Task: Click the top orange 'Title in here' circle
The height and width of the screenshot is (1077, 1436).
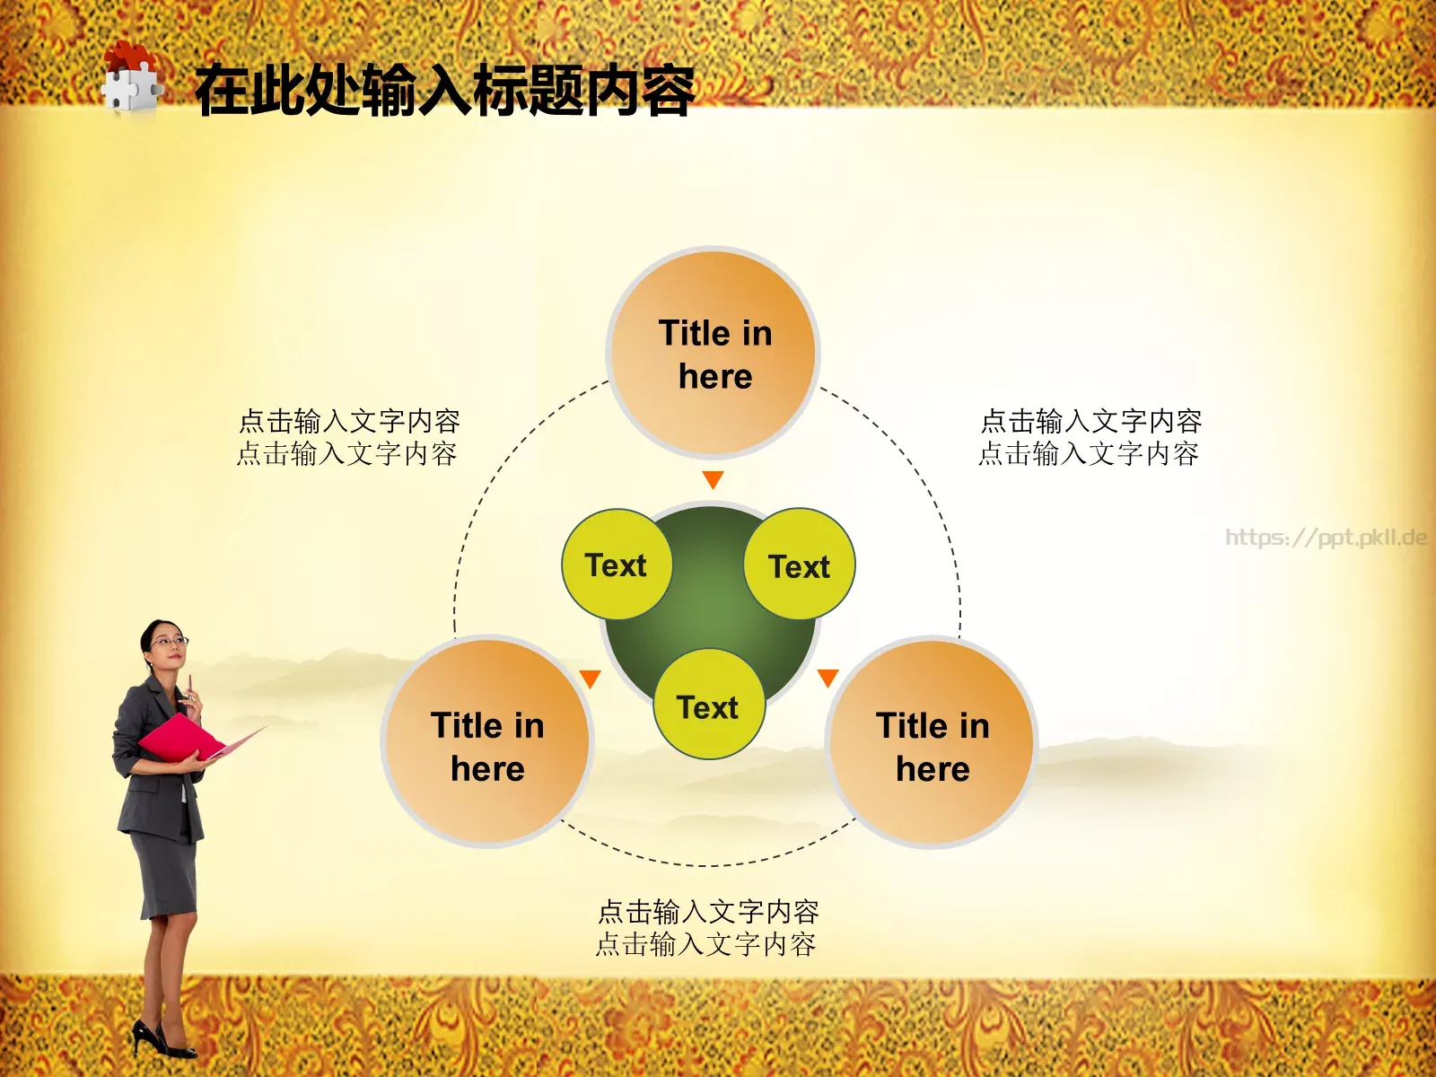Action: (x=714, y=354)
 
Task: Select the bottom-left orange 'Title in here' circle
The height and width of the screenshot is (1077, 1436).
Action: (x=487, y=743)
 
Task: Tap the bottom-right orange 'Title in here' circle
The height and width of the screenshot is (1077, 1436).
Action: (x=932, y=743)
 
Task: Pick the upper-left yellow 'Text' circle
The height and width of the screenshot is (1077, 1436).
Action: (x=617, y=565)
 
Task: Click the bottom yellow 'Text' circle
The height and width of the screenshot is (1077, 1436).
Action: (x=709, y=706)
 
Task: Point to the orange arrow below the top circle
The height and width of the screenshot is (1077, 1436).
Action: (x=714, y=480)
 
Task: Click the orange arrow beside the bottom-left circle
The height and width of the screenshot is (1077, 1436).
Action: (x=590, y=679)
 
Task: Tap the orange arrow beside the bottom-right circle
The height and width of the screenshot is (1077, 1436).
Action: (x=827, y=678)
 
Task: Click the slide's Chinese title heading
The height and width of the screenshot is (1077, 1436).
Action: (x=445, y=91)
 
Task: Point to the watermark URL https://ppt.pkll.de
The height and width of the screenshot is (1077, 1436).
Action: (x=1326, y=538)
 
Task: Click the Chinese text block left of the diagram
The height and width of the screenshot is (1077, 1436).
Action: (x=348, y=437)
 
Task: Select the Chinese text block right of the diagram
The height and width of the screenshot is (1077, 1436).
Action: (x=1090, y=437)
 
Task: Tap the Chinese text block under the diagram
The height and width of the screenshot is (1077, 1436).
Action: (x=707, y=928)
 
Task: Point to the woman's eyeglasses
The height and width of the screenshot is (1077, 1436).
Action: (x=168, y=642)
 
